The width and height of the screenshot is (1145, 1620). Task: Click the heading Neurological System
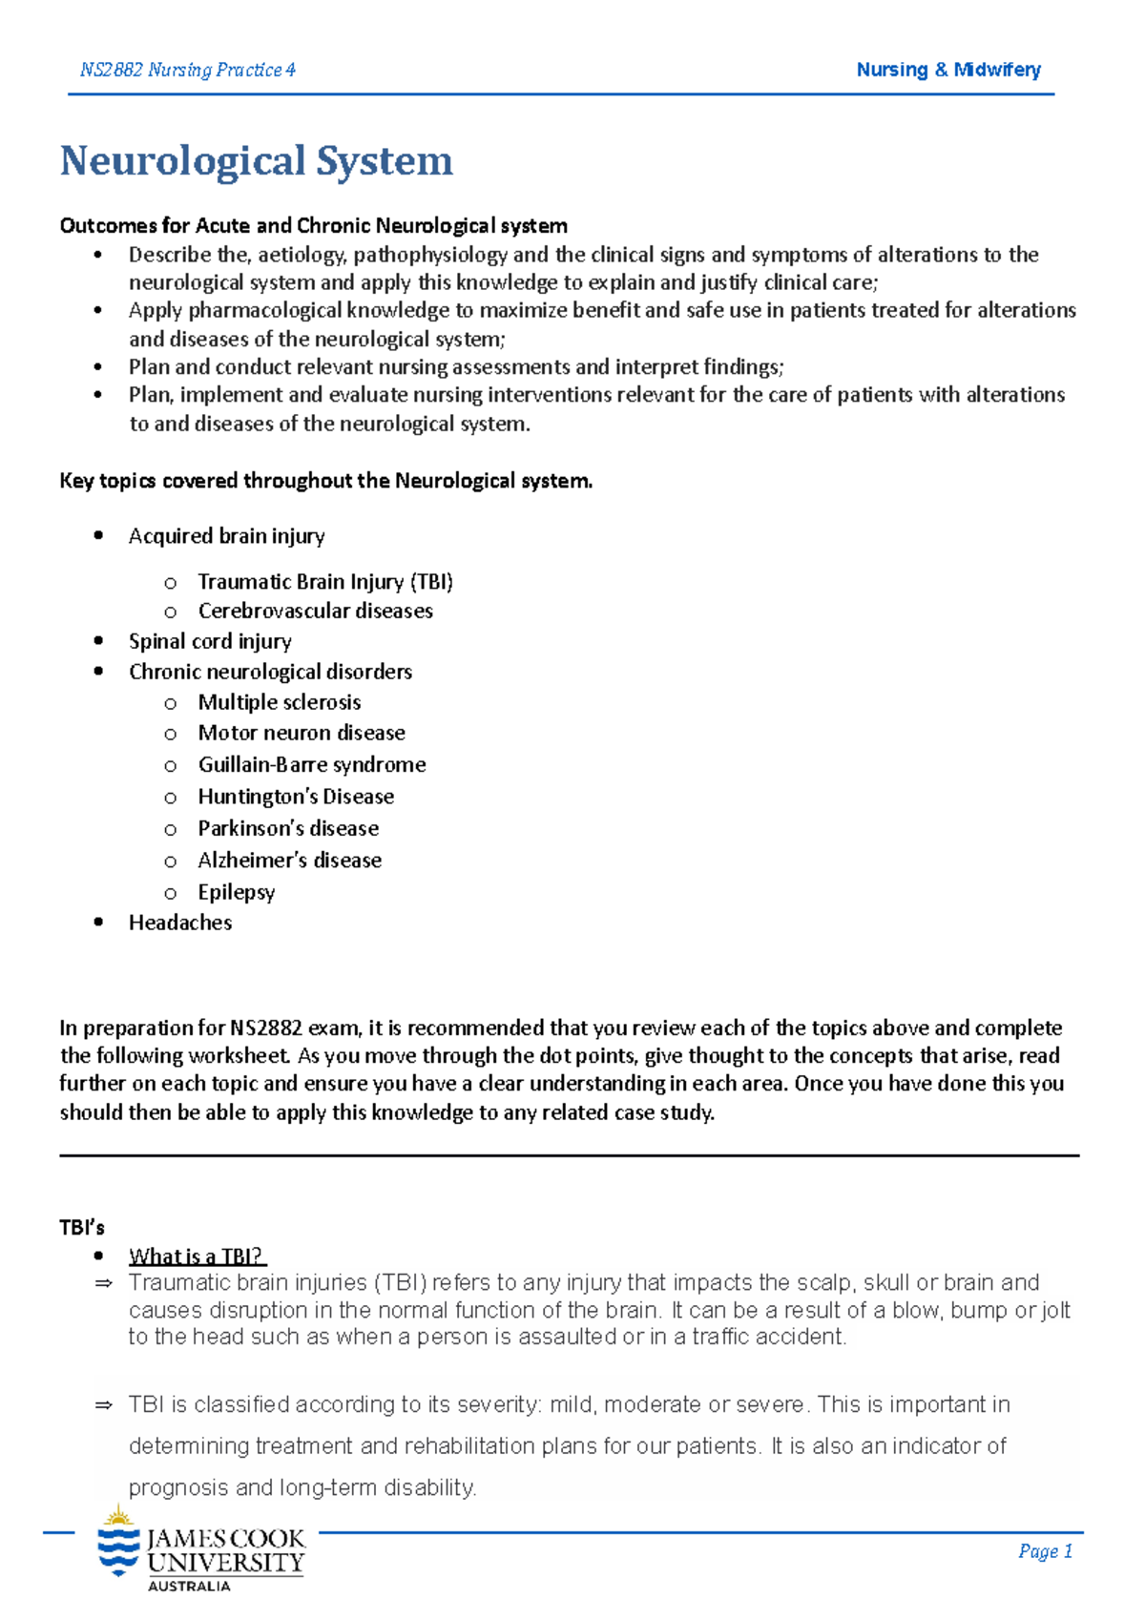pos(256,161)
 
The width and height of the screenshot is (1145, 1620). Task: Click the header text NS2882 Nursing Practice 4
pos(187,70)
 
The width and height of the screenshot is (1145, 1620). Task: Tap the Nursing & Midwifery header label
pos(947,70)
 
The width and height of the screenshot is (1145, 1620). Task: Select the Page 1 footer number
pos(1045,1551)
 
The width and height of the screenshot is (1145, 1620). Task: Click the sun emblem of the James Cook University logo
pos(118,1516)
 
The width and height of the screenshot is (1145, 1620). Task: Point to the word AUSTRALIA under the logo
pos(189,1586)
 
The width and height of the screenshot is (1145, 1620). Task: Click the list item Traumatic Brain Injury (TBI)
pos(324,582)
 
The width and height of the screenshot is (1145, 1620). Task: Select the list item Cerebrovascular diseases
pos(315,611)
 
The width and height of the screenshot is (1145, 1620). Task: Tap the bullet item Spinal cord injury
pos(210,641)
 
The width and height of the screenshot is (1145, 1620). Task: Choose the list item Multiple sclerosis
pos(279,702)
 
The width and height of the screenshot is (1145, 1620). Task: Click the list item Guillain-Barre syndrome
pos(311,764)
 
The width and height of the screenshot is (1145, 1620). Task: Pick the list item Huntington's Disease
pos(296,797)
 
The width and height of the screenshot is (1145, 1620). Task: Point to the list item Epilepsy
pos(236,892)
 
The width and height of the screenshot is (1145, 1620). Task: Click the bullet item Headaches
pos(180,923)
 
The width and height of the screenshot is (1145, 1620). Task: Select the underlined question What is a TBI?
pos(196,1257)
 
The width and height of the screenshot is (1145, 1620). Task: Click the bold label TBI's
pos(82,1228)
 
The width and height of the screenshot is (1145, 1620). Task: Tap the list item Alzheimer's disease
pos(289,861)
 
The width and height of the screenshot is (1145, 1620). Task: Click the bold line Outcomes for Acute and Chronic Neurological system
pos(313,226)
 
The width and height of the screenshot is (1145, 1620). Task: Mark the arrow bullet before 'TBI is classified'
pos(104,1405)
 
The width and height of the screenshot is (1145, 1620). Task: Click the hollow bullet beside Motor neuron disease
pos(170,734)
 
